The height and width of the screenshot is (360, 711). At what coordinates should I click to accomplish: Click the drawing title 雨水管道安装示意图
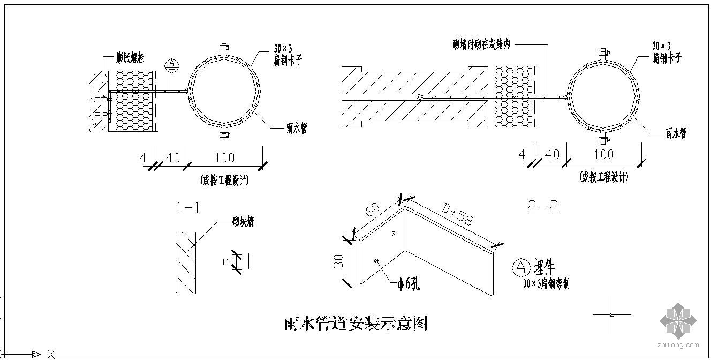[x=355, y=324]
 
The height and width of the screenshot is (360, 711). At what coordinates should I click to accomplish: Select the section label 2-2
[x=542, y=207]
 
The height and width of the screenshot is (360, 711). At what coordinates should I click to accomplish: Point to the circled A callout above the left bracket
[x=171, y=65]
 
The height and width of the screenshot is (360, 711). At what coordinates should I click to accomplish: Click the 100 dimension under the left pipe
[x=224, y=157]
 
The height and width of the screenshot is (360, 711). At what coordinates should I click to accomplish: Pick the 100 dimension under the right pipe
[x=603, y=154]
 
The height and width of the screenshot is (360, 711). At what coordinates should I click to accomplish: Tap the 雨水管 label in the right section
[x=675, y=134]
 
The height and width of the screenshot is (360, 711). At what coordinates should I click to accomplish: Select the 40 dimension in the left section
[x=172, y=157]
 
